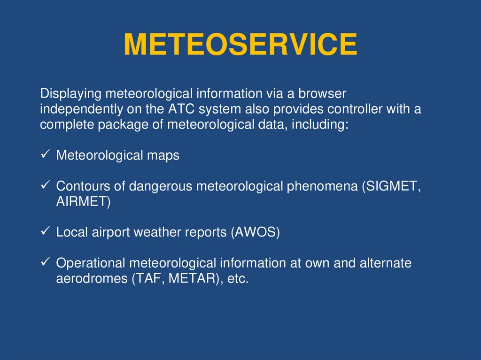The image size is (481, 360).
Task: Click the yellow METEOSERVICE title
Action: click(x=240, y=45)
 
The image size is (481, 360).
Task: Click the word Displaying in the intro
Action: click(x=70, y=94)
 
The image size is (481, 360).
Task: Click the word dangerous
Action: click(x=160, y=186)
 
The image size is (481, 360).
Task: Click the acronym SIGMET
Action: click(x=391, y=186)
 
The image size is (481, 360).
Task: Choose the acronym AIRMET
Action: click(x=81, y=201)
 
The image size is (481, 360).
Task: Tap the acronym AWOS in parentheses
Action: click(x=255, y=232)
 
